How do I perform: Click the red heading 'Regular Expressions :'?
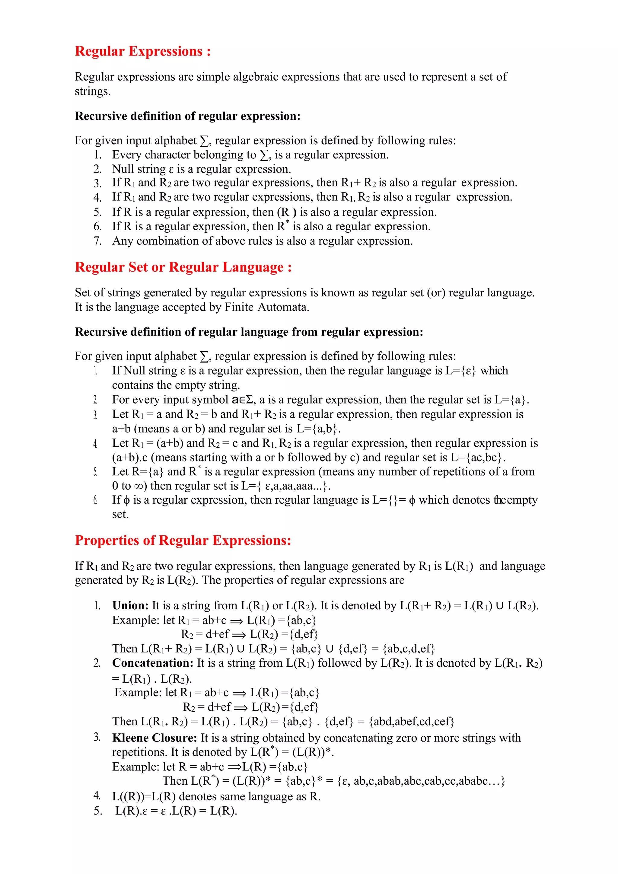(143, 51)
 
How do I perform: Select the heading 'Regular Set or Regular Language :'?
(183, 267)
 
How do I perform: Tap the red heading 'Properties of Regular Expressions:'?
(183, 541)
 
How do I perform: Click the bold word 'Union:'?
(130, 606)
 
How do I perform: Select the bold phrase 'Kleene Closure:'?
(154, 738)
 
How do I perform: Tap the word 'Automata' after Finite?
(283, 307)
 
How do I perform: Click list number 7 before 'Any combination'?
(97, 241)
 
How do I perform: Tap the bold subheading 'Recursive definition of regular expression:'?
(188, 116)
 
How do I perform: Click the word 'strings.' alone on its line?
(92, 91)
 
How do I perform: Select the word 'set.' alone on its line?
(120, 514)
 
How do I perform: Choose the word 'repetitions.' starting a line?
(140, 752)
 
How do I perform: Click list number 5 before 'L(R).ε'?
(97, 811)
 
